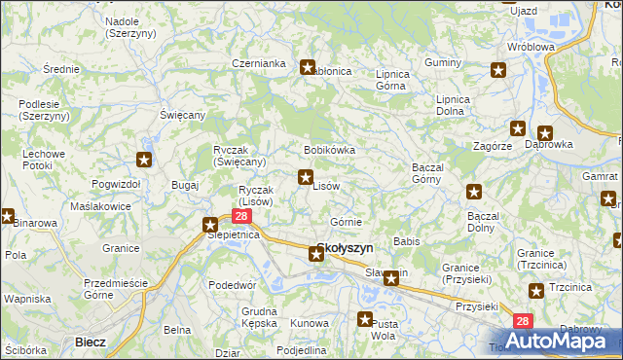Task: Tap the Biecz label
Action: [90, 342]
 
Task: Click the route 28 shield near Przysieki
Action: [523, 321]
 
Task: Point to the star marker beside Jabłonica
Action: [308, 67]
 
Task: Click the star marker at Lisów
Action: [306, 177]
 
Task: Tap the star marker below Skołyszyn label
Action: [316, 255]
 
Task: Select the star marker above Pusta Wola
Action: [366, 319]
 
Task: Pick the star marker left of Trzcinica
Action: [535, 290]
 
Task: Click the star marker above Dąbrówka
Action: [544, 133]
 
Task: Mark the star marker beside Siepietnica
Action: [210, 226]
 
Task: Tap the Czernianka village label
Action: [258, 63]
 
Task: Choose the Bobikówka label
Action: [329, 151]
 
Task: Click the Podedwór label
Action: [232, 285]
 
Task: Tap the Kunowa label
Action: [309, 322]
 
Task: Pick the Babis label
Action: [405, 240]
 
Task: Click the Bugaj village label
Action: [184, 184]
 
